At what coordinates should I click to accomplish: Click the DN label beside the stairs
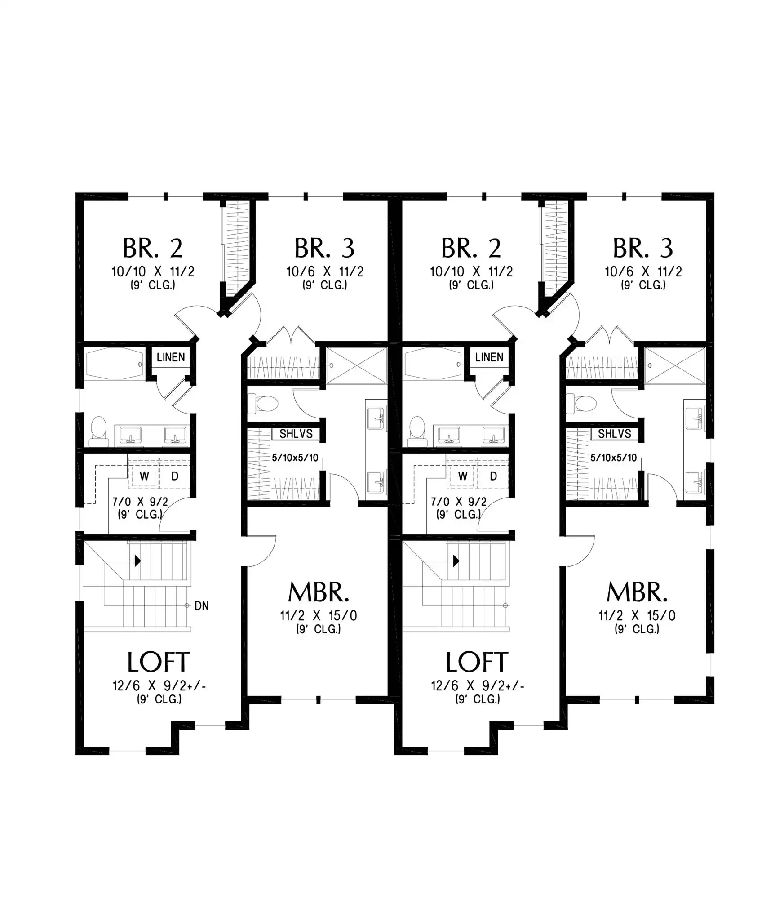[x=202, y=606]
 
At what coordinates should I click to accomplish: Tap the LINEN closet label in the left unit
[x=171, y=357]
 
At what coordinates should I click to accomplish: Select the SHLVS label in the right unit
[x=614, y=434]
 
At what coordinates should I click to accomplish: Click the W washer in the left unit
[x=144, y=476]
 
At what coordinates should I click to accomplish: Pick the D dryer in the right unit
[x=493, y=476]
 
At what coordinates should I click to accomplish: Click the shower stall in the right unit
[x=675, y=365]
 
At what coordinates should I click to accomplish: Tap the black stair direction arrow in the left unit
[x=138, y=561]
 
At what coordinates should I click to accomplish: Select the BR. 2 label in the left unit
[x=153, y=248]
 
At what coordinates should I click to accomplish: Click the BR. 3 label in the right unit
[x=643, y=248]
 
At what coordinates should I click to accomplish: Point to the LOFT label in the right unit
[x=477, y=662]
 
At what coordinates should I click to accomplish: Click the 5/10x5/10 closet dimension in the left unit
[x=295, y=458]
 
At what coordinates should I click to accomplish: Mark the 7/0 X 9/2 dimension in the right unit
[x=459, y=502]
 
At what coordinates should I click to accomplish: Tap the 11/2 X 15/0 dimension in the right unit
[x=637, y=615]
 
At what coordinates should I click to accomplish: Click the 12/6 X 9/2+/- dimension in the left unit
[x=159, y=685]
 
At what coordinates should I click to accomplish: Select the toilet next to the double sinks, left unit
[x=99, y=432]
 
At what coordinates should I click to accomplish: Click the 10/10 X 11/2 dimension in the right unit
[x=471, y=271]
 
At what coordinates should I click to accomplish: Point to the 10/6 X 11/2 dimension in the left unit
[x=325, y=271]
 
